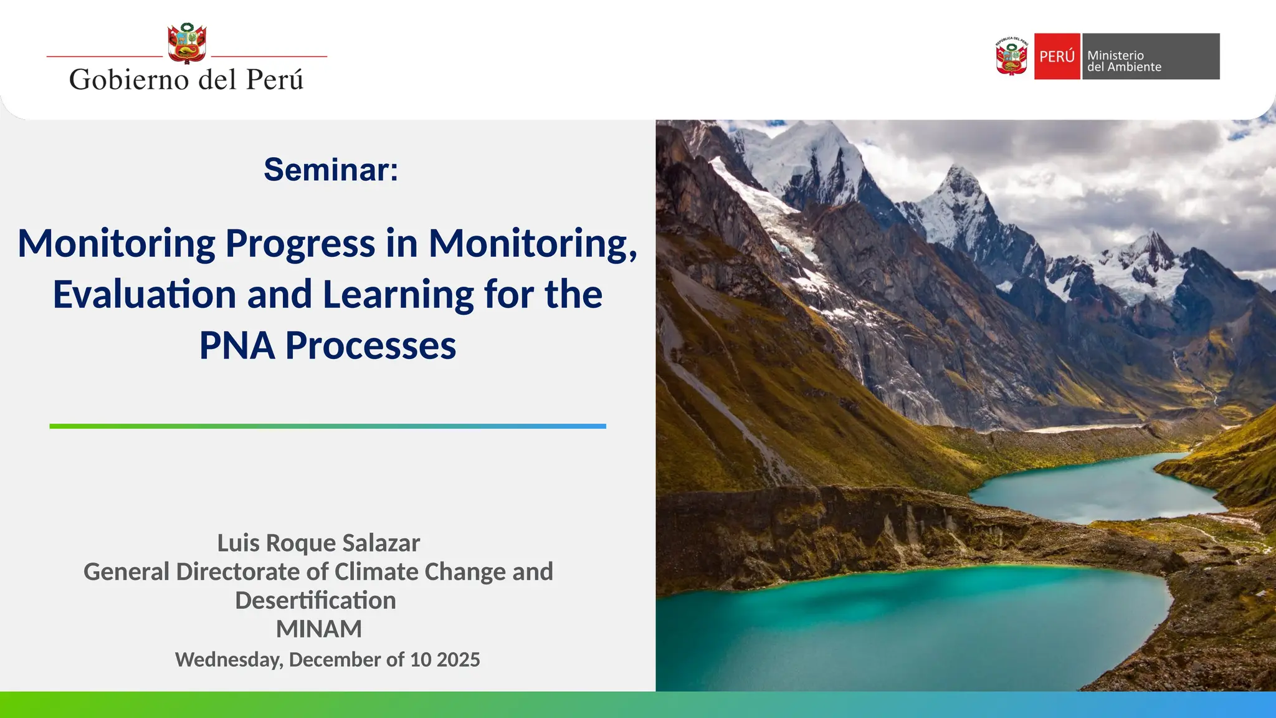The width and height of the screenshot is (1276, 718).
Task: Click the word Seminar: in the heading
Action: click(x=331, y=170)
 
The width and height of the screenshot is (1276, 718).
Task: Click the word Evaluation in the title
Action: click(x=145, y=294)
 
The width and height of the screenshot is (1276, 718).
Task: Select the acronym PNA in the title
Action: click(x=237, y=345)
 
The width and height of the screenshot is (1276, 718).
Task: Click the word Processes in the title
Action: click(x=371, y=345)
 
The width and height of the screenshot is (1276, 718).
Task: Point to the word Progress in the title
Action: click(x=300, y=243)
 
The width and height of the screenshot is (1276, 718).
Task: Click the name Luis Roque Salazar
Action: click(x=318, y=543)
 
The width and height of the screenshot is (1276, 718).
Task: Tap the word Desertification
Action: click(x=315, y=600)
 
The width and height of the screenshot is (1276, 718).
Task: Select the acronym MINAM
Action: click(x=318, y=629)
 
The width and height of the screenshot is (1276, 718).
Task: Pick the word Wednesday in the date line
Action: click(x=229, y=659)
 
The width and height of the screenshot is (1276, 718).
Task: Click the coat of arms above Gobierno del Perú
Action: click(x=187, y=44)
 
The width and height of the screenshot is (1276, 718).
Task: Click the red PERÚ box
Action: click(x=1057, y=56)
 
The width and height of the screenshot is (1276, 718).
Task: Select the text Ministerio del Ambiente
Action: click(x=1124, y=61)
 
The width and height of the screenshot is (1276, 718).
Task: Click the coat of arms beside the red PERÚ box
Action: click(x=1011, y=56)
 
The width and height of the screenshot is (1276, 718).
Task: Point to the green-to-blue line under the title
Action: click(x=328, y=426)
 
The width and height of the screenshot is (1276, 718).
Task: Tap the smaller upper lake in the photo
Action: click(x=1097, y=486)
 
